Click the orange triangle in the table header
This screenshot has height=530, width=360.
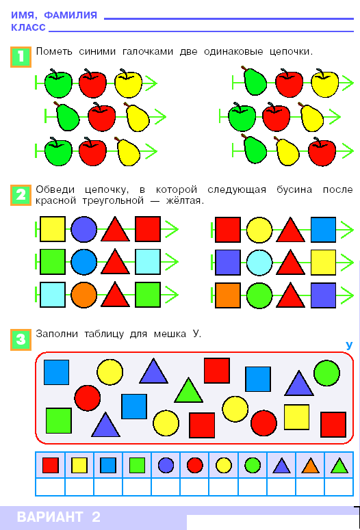point(311,466)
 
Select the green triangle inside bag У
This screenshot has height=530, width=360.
point(188,391)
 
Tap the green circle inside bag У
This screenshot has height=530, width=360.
point(326,373)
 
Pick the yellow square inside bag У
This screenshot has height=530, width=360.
point(297,416)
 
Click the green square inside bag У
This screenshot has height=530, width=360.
point(59,421)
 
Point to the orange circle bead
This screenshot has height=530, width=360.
point(84,295)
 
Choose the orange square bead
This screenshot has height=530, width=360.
point(228,295)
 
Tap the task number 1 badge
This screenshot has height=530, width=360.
point(21,57)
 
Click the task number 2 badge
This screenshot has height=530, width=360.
point(21,195)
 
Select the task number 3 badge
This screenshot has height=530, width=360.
point(21,339)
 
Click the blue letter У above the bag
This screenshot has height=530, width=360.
point(349,345)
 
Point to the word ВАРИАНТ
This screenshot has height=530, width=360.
point(50,517)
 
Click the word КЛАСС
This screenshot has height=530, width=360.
point(29,27)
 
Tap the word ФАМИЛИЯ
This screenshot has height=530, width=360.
point(70,15)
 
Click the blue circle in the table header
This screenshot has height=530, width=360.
point(166,465)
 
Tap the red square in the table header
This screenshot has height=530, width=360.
point(51,466)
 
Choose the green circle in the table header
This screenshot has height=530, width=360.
point(253,465)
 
